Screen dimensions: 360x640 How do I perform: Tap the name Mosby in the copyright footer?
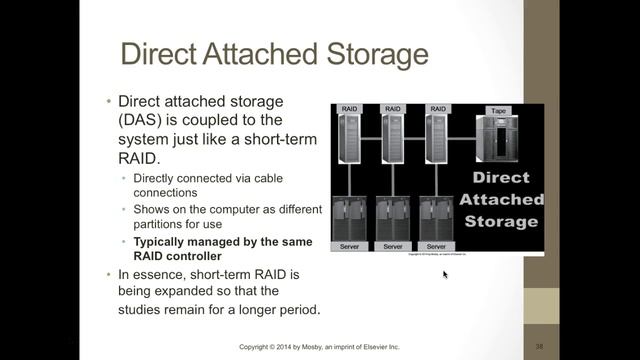[x=317, y=347]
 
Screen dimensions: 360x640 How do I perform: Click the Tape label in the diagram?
[x=497, y=110]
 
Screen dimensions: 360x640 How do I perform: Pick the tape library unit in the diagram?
[x=497, y=138]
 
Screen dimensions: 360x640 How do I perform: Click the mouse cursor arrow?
[x=446, y=274]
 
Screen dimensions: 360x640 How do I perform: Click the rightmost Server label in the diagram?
[x=436, y=245]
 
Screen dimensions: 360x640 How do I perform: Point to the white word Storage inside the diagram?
[x=501, y=221]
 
